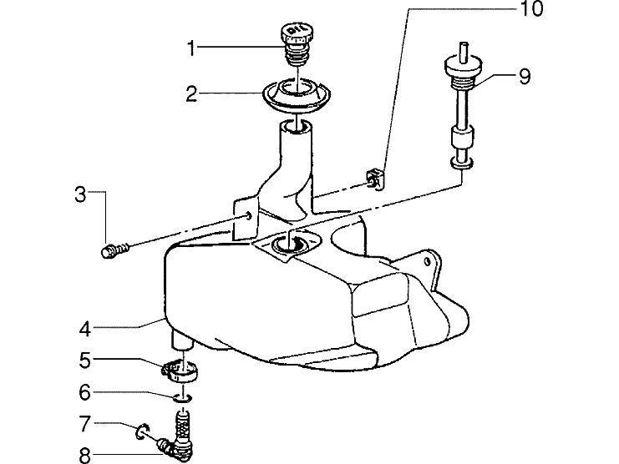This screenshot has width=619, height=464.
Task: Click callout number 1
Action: (191, 48)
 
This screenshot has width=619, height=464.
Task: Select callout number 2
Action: (191, 93)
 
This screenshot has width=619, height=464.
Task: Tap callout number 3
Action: (80, 194)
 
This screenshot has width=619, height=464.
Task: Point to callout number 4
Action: (85, 329)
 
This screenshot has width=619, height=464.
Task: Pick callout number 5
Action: (85, 360)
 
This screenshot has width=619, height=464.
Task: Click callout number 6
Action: (85, 392)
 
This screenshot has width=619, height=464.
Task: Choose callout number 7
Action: (85, 424)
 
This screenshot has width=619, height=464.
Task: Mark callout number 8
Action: (85, 456)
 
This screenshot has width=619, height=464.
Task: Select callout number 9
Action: (525, 76)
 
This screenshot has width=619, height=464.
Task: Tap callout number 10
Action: (532, 8)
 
